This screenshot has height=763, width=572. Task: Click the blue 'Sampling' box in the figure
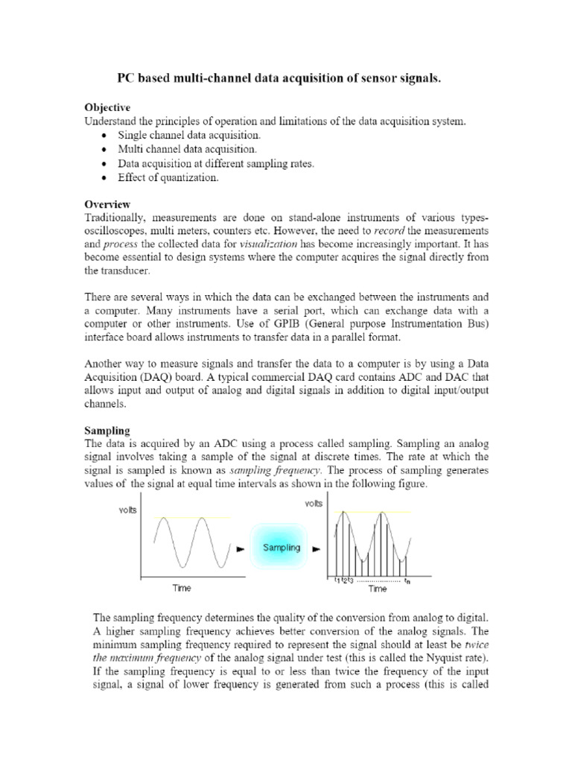[281, 548]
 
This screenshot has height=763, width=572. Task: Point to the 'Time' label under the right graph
[377, 589]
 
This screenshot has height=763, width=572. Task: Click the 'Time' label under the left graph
[181, 588]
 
